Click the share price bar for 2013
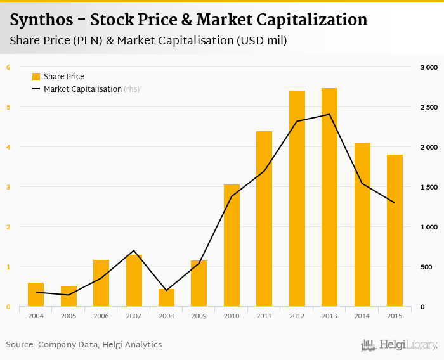(329, 197)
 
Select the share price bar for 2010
(232, 245)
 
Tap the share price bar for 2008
(166, 298)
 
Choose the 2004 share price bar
(36, 295)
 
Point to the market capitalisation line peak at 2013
(329, 114)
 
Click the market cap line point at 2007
(134, 251)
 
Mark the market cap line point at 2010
(232, 196)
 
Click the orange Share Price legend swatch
(36, 77)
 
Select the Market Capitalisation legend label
(82, 89)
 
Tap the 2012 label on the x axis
(297, 316)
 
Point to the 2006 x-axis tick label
(101, 316)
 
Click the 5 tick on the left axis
(8, 107)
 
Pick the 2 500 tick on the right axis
(429, 107)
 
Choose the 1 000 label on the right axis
(429, 227)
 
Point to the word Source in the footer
(19, 345)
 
